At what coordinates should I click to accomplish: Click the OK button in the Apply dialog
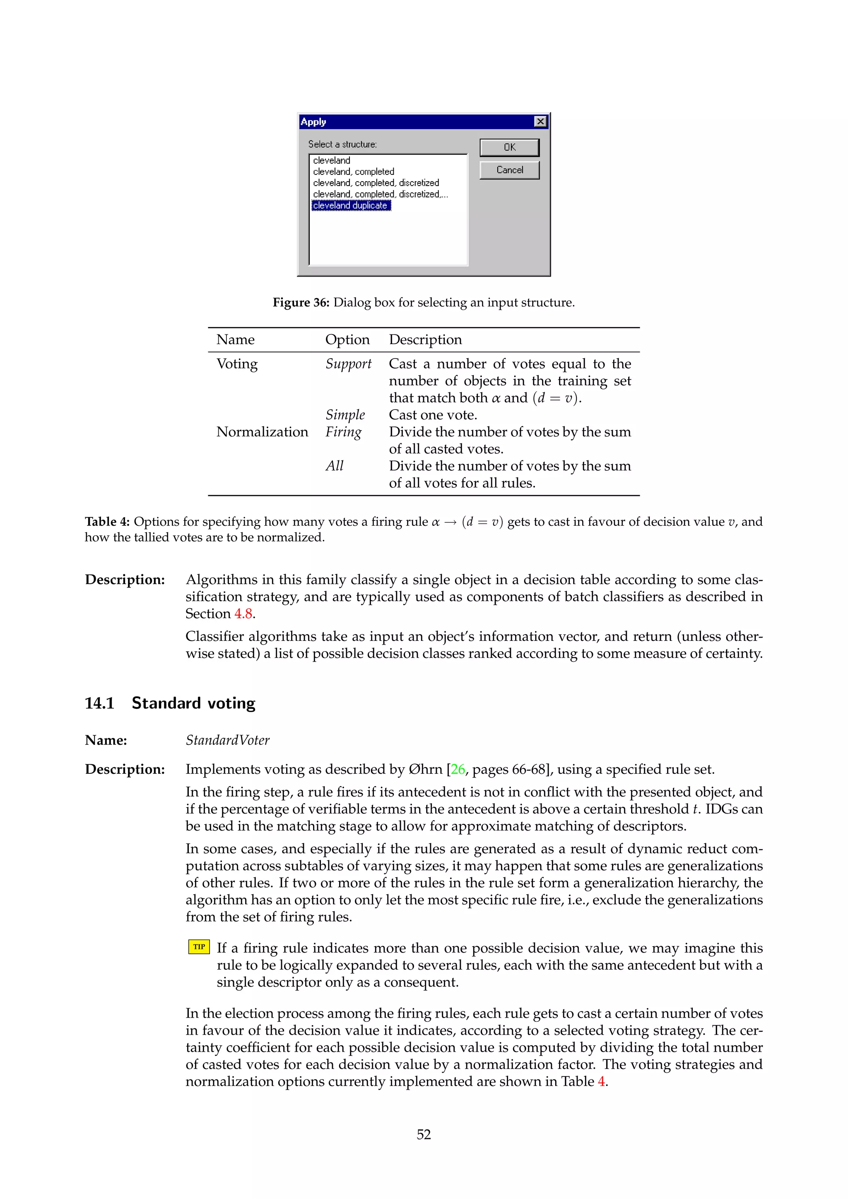point(509,147)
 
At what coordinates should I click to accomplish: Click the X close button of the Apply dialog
point(540,122)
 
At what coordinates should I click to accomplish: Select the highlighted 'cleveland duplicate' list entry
point(351,206)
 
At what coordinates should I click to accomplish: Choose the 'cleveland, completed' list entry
point(354,172)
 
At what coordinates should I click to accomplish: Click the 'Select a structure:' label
point(342,144)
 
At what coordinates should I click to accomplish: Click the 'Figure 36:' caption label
point(301,302)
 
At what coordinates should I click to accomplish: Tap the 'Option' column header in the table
point(347,340)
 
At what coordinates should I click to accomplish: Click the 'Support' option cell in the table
point(348,364)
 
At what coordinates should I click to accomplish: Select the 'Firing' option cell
point(344,432)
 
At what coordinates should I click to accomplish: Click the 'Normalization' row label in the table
point(262,432)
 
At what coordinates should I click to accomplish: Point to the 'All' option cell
point(334,466)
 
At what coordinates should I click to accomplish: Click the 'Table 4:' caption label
point(107,522)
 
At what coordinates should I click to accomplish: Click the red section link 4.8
point(243,614)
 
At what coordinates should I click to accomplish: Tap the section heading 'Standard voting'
point(193,703)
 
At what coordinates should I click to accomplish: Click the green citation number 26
point(458,770)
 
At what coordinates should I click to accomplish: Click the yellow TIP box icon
point(199,947)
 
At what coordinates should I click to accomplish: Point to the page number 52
point(424,1134)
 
